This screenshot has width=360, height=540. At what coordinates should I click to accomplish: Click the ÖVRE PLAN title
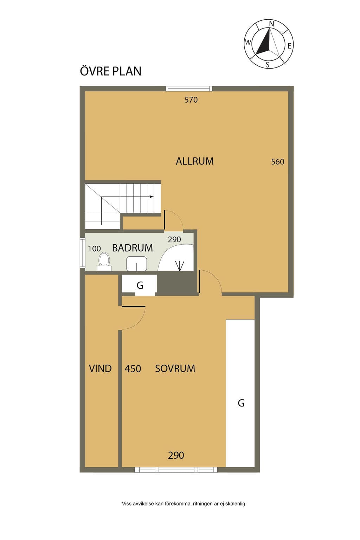point(110,71)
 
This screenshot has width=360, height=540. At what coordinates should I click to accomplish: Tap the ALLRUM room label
point(194,161)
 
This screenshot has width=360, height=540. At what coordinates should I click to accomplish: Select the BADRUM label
point(133,248)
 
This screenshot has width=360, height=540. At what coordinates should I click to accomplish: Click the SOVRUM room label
point(175,368)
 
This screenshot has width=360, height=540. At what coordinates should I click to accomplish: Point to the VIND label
point(100,368)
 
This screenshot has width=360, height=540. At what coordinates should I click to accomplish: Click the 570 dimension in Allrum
point(191,100)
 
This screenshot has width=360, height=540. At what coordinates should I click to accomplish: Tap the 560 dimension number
point(277,161)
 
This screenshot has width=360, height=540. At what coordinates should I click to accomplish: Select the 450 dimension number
point(133,368)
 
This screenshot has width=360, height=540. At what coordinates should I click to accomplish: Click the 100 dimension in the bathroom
point(94,249)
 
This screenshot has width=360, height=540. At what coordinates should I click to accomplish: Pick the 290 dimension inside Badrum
point(174,239)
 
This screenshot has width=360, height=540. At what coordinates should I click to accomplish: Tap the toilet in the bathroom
point(104,262)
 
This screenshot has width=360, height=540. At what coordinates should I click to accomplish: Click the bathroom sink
point(136,264)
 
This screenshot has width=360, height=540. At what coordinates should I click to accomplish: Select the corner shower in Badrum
point(176,258)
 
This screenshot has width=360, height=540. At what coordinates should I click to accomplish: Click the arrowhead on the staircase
point(152,197)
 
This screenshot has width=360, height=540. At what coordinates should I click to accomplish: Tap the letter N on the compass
point(271,24)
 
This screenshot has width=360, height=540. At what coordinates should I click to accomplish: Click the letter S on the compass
point(268,65)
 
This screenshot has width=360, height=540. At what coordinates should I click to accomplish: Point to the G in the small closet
point(140,285)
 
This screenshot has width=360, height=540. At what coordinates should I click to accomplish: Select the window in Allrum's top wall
point(189,89)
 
